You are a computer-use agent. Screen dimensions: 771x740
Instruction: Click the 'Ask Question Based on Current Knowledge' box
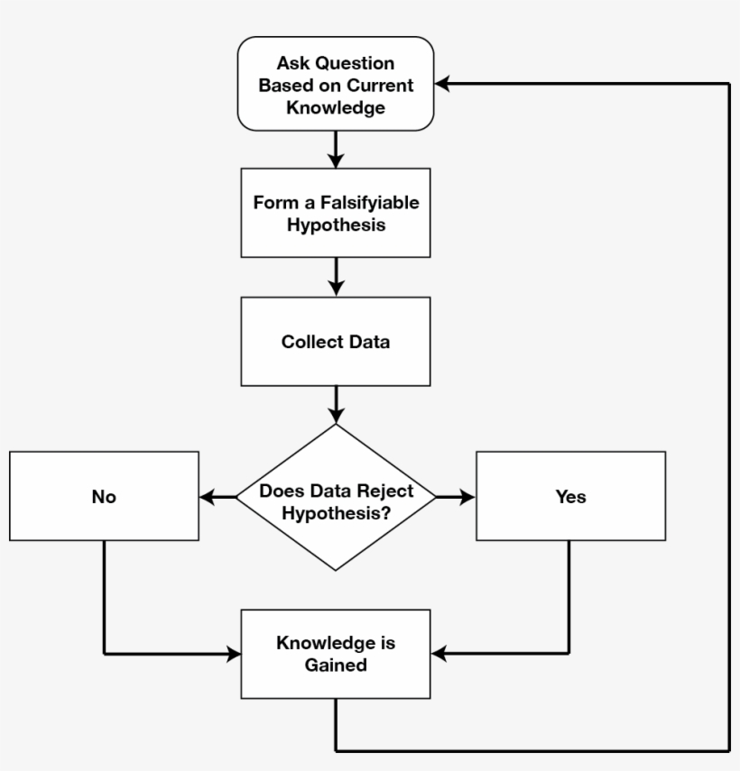coord(336,84)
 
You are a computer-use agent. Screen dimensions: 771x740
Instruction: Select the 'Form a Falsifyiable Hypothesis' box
coord(336,213)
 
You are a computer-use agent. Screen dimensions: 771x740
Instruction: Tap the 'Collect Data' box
coord(336,343)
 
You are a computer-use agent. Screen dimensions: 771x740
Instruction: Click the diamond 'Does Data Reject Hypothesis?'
coord(336,497)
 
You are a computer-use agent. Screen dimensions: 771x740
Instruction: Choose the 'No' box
coord(104,497)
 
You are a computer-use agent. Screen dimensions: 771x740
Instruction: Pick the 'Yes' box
coord(570,497)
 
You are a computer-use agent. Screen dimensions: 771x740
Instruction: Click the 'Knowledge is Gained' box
coord(336,654)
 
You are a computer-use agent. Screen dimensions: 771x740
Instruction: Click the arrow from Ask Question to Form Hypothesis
coord(336,149)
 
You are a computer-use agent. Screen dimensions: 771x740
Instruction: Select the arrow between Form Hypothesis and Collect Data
coord(336,277)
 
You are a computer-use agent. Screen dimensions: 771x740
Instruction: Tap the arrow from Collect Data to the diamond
coord(336,405)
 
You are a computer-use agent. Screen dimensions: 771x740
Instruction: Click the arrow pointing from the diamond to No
coord(217,497)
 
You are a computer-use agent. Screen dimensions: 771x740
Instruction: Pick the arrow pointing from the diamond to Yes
coord(456,497)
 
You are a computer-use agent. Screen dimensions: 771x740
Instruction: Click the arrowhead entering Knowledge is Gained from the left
coord(233,654)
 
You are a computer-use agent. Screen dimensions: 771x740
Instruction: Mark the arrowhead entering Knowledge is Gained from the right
coord(439,654)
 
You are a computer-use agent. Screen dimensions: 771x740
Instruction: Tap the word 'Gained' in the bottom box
coord(336,665)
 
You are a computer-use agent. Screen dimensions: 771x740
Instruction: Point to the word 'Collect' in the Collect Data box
coord(307,343)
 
